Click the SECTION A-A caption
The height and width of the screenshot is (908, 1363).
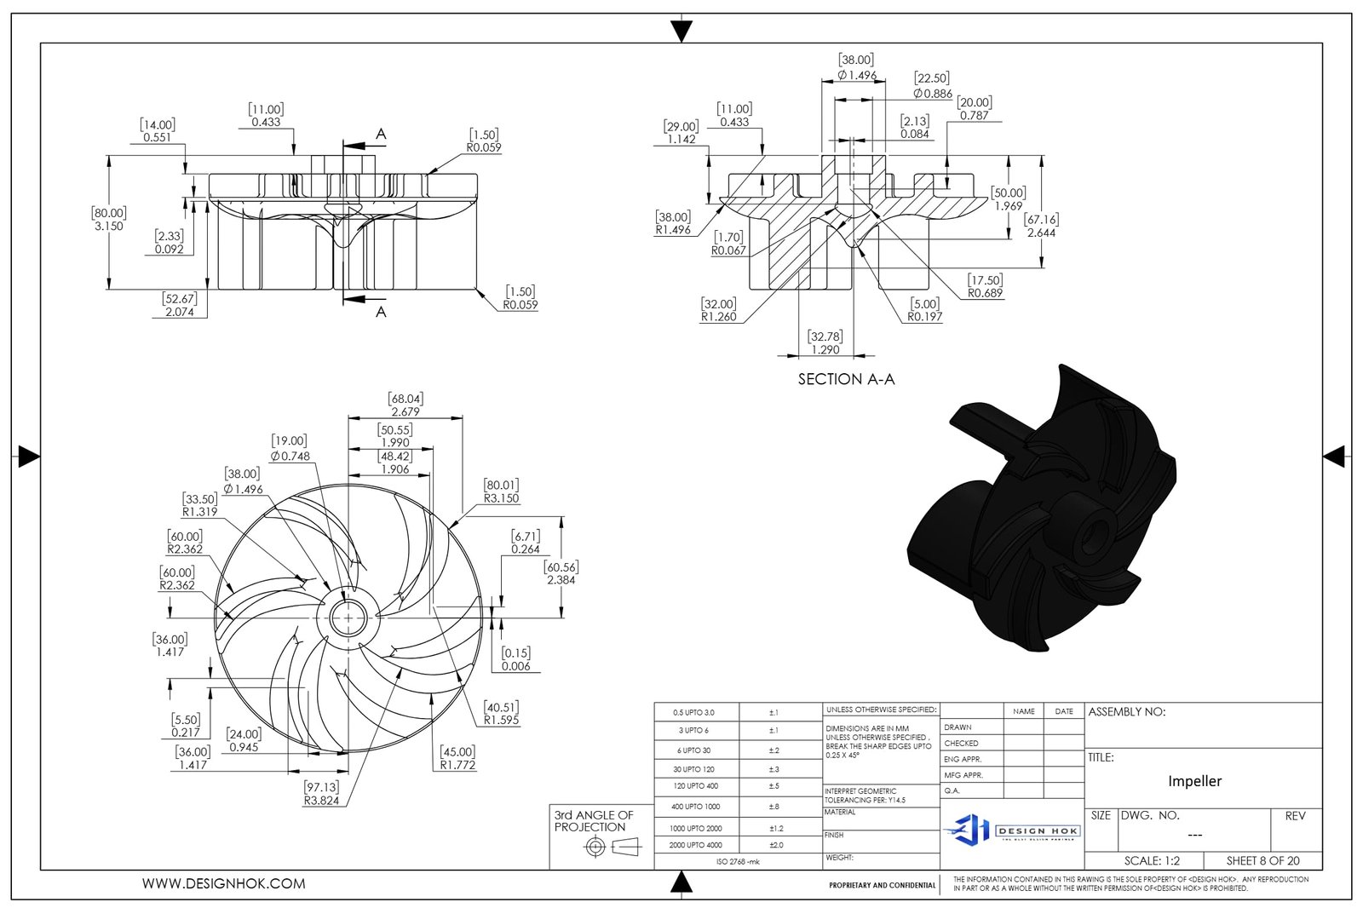coord(846,379)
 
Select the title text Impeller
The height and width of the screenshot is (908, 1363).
coord(1194,781)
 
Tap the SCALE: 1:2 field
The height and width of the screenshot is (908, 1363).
coord(1152,860)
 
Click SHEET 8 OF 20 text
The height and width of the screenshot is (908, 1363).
coord(1263,860)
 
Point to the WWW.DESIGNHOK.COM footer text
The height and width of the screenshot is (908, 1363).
coord(223,884)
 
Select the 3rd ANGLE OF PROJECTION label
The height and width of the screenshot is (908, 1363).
coord(594,821)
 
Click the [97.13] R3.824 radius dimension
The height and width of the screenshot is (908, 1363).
coord(321,794)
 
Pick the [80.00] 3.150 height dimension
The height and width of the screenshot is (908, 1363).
coord(109,220)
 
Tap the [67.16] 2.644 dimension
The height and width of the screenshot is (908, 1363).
coord(1041,226)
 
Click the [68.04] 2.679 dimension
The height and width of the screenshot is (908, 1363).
coord(405,405)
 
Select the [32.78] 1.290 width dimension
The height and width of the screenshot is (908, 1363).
coord(825,343)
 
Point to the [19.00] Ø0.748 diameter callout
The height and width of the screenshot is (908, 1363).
coord(290,448)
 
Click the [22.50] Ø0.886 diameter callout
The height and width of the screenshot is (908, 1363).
coord(932,86)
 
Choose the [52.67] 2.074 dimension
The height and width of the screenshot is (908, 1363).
coord(179,305)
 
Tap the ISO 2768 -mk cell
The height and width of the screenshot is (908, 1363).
coord(738,861)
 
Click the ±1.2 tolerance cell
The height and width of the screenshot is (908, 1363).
coord(776,828)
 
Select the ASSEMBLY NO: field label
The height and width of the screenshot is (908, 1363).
coord(1126,712)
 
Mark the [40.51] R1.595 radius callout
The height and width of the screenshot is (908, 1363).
coord(501,713)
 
